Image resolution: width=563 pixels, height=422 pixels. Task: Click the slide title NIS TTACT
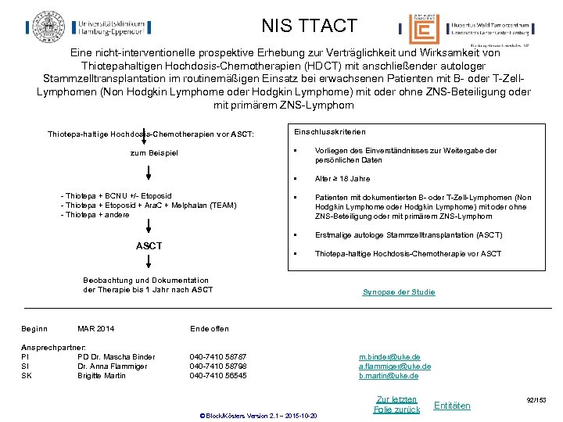(309, 26)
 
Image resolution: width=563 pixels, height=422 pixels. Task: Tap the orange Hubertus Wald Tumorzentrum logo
(423, 30)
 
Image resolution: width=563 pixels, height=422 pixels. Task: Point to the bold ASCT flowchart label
(149, 246)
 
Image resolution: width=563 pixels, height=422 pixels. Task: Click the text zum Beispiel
(154, 152)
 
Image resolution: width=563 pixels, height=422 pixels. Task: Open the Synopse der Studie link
(399, 292)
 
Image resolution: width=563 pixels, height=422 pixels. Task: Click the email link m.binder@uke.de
(389, 357)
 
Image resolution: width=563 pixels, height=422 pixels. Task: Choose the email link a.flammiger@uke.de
(395, 367)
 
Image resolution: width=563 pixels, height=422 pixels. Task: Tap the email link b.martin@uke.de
(389, 376)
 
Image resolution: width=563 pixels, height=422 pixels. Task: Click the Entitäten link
(452, 406)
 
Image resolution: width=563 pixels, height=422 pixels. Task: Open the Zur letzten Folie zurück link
(396, 404)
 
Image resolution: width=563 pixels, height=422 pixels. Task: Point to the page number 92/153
(536, 400)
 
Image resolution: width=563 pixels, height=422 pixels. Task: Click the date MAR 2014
(96, 329)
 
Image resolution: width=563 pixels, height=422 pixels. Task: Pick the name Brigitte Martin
(102, 376)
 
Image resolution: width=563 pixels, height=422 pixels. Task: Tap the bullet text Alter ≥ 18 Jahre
(342, 179)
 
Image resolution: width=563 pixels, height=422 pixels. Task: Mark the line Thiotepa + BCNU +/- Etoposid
(117, 196)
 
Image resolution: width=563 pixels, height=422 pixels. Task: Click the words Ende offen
(210, 329)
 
